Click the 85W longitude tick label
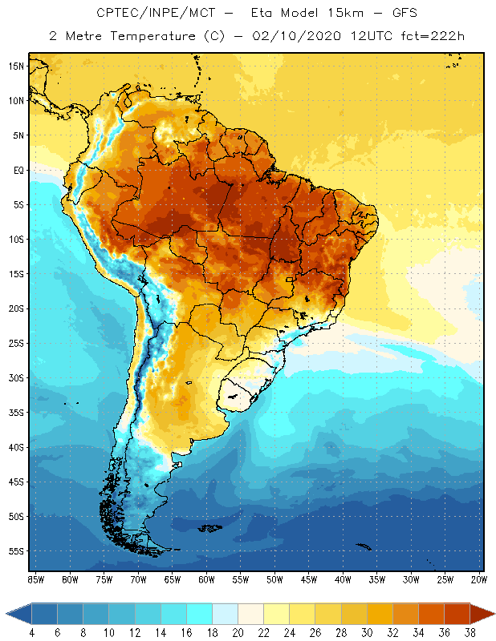35,579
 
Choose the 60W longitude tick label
206,579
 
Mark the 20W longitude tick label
479,579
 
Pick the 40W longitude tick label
343,579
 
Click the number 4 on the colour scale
31,632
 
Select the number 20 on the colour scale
238,632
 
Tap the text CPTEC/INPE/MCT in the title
144,14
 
